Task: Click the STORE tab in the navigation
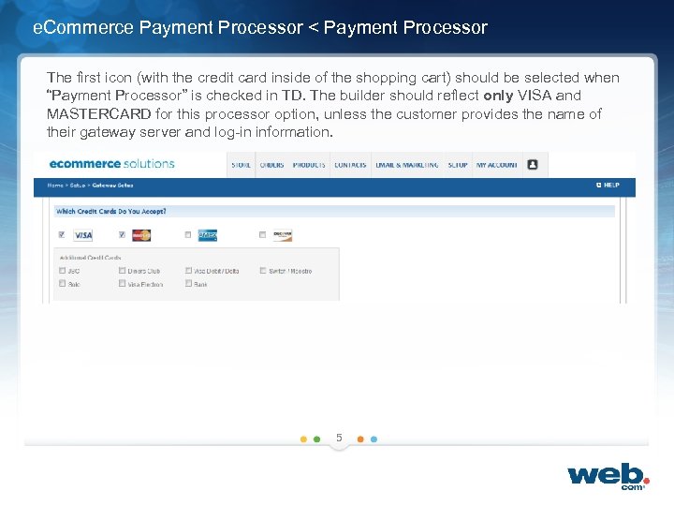pyautogui.click(x=241, y=165)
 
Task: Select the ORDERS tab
pyautogui.click(x=271, y=165)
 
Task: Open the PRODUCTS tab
pyautogui.click(x=309, y=165)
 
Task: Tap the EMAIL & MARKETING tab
pyautogui.click(x=407, y=165)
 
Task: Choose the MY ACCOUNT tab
pyautogui.click(x=496, y=165)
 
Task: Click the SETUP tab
pyautogui.click(x=458, y=165)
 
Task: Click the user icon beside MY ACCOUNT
pyautogui.click(x=533, y=164)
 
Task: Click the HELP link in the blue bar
pyautogui.click(x=608, y=186)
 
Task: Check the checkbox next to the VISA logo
pyautogui.click(x=62, y=235)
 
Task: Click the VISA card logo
pyautogui.click(x=83, y=235)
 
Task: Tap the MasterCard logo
pyautogui.click(x=141, y=235)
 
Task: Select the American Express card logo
pyautogui.click(x=207, y=235)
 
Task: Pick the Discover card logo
pyautogui.click(x=282, y=235)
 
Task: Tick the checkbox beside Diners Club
pyautogui.click(x=122, y=271)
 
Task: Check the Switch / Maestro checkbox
pyautogui.click(x=263, y=271)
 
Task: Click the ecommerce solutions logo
pyautogui.click(x=111, y=164)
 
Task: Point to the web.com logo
pyautogui.click(x=608, y=474)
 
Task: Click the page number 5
pyautogui.click(x=339, y=438)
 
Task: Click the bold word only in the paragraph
pyautogui.click(x=498, y=96)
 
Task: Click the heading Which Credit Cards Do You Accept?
pyautogui.click(x=110, y=212)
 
